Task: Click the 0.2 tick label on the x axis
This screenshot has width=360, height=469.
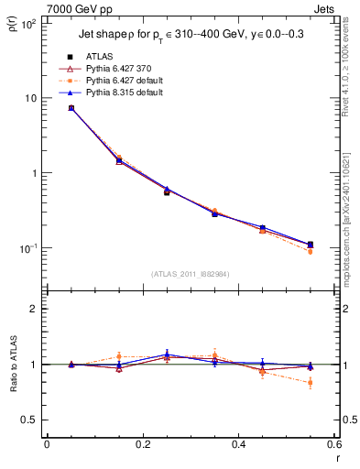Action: pos(142,445)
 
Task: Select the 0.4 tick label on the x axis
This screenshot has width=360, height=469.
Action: pos(238,445)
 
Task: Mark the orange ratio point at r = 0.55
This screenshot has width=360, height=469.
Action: pos(310,382)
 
